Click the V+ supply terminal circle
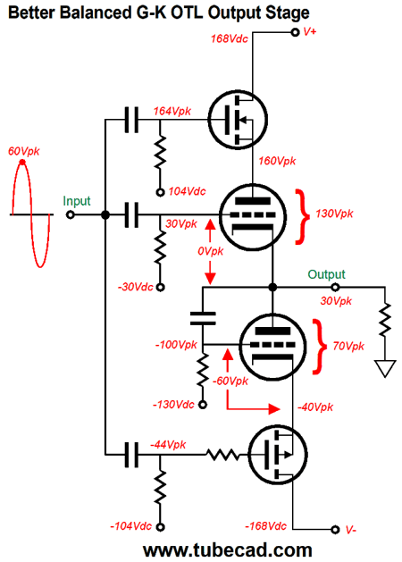pos(295,32)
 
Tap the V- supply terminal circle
pos(335,529)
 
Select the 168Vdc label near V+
pos(230,38)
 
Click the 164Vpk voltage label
pos(172,112)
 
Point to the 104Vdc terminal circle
pos(160,192)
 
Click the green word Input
pos(77,201)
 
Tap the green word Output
pos(326,274)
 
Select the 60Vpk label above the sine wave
pos(24,152)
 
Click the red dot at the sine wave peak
pos(22,163)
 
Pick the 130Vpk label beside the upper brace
pos(334,214)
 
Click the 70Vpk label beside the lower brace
pos(348,347)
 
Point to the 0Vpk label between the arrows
pos(210,251)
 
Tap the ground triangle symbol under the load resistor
pos(385,368)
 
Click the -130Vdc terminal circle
pos(203,405)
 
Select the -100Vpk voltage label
pos(176,345)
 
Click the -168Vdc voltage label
pos(265,526)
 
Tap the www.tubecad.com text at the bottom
pos(228,550)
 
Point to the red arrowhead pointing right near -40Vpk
pos(274,408)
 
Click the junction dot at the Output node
pos(272,287)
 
